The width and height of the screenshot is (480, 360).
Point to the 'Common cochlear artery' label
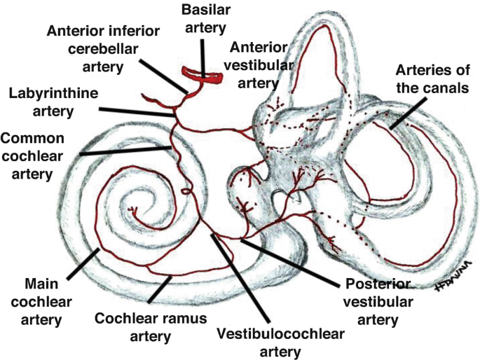pyautogui.click(x=34, y=155)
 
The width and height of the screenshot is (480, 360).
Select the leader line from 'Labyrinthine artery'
pyautogui.click(x=137, y=110)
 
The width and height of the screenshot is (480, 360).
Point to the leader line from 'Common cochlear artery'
pyautogui.click(x=123, y=151)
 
